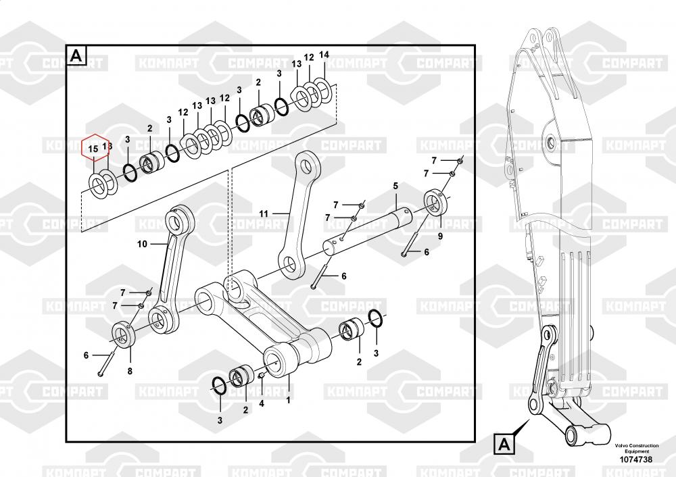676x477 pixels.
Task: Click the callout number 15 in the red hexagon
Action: pyautogui.click(x=93, y=147)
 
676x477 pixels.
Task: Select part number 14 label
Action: pyautogui.click(x=324, y=55)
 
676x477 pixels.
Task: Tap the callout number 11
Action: pyautogui.click(x=264, y=214)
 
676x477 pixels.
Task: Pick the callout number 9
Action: pyautogui.click(x=439, y=236)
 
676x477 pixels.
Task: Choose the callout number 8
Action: pyautogui.click(x=130, y=371)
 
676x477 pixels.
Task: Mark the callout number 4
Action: pyautogui.click(x=262, y=404)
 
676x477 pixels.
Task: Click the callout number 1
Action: pyautogui.click(x=289, y=400)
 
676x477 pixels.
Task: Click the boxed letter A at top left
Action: pyautogui.click(x=76, y=55)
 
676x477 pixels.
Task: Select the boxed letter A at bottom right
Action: pyautogui.click(x=503, y=445)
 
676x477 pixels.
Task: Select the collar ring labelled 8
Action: pyautogui.click(x=122, y=334)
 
